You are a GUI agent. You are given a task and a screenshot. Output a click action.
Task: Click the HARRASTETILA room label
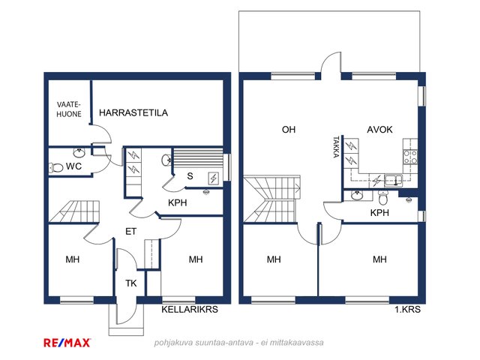[x=133, y=112]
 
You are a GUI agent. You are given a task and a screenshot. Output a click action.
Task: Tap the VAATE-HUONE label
[x=69, y=109]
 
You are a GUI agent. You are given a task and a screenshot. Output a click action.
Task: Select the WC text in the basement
[x=73, y=166]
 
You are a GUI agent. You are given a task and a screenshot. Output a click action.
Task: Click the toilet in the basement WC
[x=55, y=167]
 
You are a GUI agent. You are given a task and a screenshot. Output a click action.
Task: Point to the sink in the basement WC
[x=79, y=152]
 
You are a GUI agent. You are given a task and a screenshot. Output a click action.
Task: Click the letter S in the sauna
[x=190, y=176]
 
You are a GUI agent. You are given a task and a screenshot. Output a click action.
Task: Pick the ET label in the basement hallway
[x=130, y=232]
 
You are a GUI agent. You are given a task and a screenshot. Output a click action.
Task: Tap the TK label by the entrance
[x=131, y=283]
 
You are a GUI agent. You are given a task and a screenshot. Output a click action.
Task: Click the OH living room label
[x=289, y=130]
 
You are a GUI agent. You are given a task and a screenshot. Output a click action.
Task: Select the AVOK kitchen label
[x=379, y=130]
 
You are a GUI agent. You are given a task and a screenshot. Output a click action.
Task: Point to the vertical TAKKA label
[x=336, y=147]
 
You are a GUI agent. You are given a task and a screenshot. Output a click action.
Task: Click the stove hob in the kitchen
[x=410, y=157]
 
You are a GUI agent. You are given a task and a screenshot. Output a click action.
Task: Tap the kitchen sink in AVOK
[x=393, y=180]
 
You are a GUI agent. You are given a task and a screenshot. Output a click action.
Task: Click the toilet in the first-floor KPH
[x=383, y=198]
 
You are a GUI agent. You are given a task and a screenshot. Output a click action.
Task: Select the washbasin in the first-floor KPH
[x=357, y=195]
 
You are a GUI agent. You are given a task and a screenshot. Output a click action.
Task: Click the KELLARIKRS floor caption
[x=190, y=309]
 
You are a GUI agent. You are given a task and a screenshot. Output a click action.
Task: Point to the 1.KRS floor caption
[x=407, y=309]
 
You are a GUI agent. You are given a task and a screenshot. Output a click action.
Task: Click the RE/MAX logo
[x=67, y=343]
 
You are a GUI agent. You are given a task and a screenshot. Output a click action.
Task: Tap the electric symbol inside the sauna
[x=213, y=178]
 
